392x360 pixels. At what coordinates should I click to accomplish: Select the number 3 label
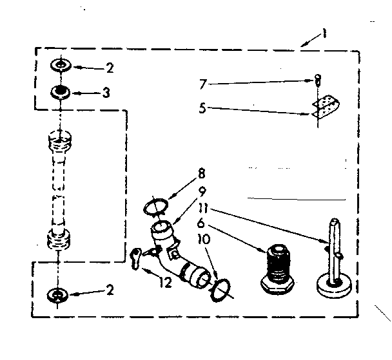pyautogui.click(x=105, y=93)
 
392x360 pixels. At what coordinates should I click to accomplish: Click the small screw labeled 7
pyautogui.click(x=317, y=81)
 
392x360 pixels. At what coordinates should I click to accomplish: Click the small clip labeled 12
pyautogui.click(x=137, y=256)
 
